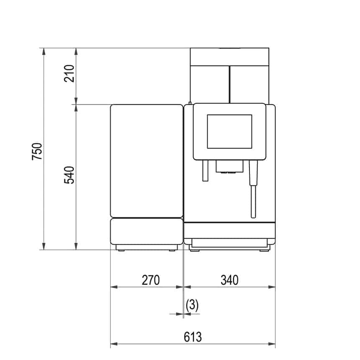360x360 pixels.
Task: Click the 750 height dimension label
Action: (x=37, y=152)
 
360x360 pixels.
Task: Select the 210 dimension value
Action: (x=69, y=73)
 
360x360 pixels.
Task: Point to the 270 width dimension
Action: (x=151, y=280)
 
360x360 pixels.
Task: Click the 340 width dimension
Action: (x=229, y=280)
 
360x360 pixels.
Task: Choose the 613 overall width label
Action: (x=193, y=337)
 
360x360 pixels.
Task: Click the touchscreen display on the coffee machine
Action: (x=229, y=131)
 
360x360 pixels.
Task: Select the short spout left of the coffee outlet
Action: (x=205, y=171)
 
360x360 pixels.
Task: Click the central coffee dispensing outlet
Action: (x=229, y=167)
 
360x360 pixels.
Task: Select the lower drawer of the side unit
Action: (x=147, y=231)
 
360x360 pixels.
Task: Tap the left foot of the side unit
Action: (x=121, y=250)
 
